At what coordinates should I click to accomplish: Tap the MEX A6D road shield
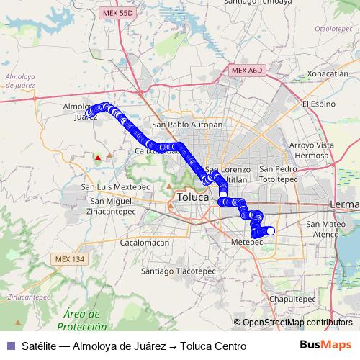pyautogui.click(x=247, y=70)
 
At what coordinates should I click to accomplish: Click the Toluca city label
pyautogui.click(x=192, y=196)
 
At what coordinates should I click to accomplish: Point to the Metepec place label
pyautogui.click(x=247, y=243)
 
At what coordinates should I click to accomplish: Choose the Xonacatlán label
pyautogui.click(x=327, y=73)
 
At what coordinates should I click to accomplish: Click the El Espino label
pyautogui.click(x=319, y=104)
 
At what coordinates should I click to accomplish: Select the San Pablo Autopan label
pyautogui.click(x=186, y=124)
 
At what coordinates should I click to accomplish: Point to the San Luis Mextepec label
pyautogui.click(x=115, y=186)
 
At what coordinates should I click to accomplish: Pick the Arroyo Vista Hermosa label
pyautogui.click(x=312, y=150)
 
